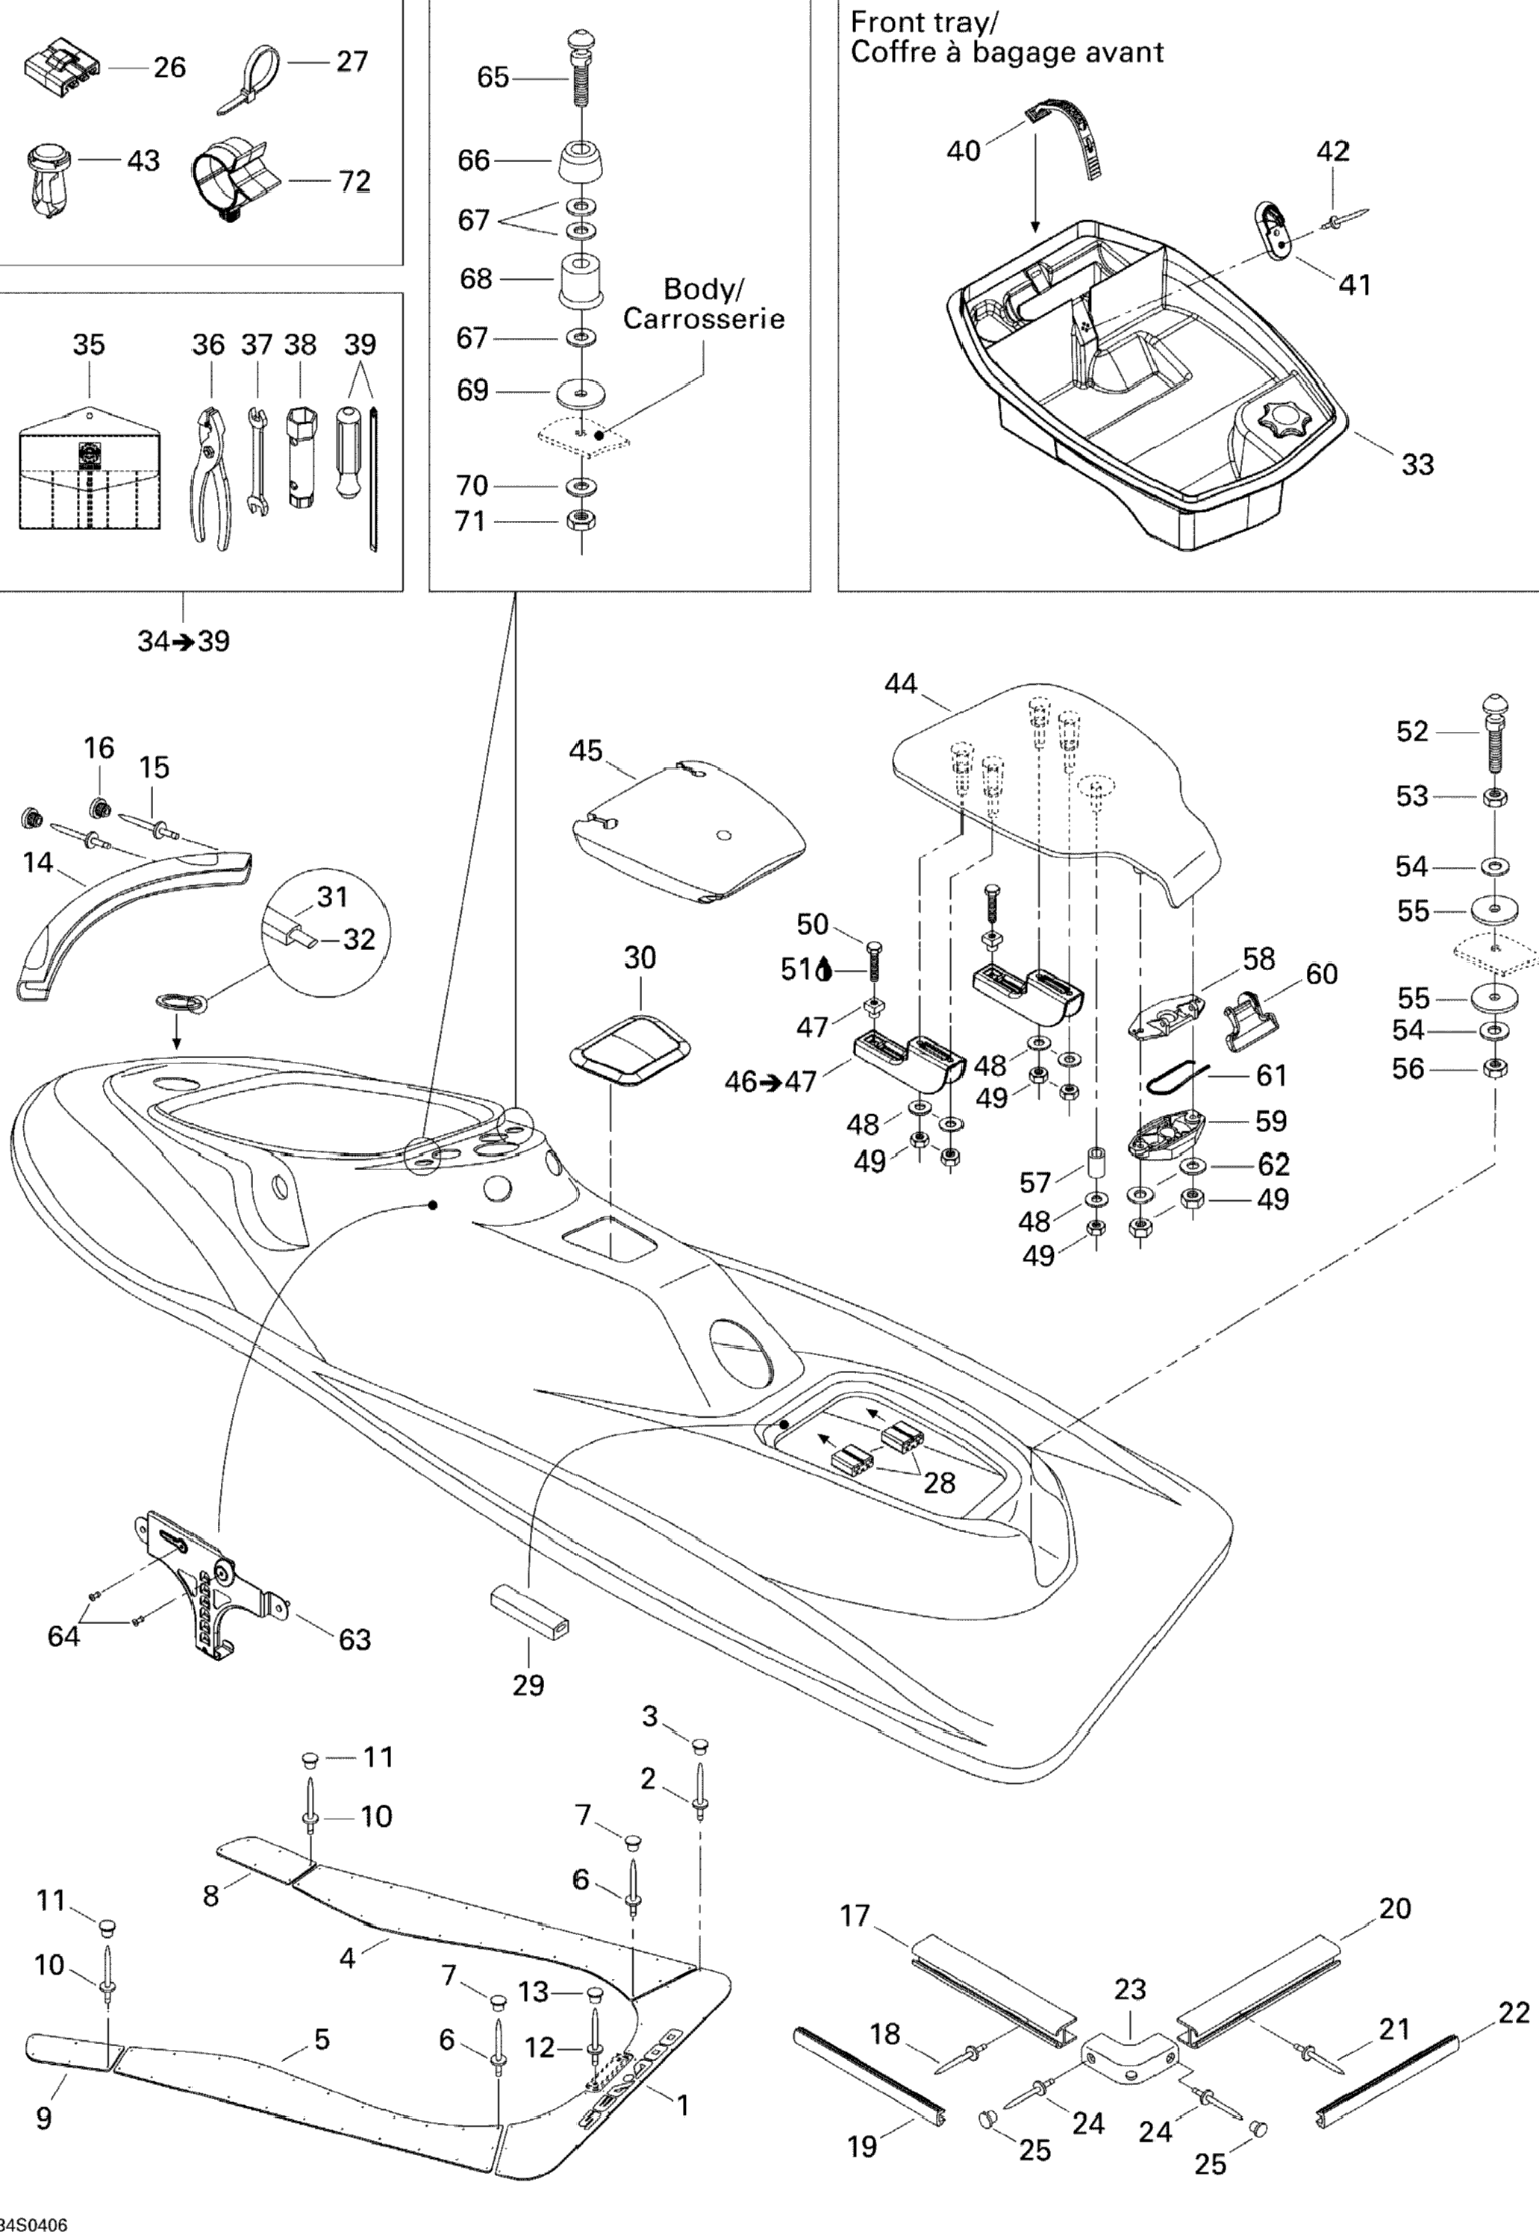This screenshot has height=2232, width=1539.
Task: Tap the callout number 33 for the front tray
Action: (1417, 465)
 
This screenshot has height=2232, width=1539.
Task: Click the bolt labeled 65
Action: (582, 76)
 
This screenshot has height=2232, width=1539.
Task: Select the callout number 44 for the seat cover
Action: (901, 684)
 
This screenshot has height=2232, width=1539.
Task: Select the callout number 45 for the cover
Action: (585, 751)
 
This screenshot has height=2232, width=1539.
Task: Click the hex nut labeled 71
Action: (582, 521)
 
